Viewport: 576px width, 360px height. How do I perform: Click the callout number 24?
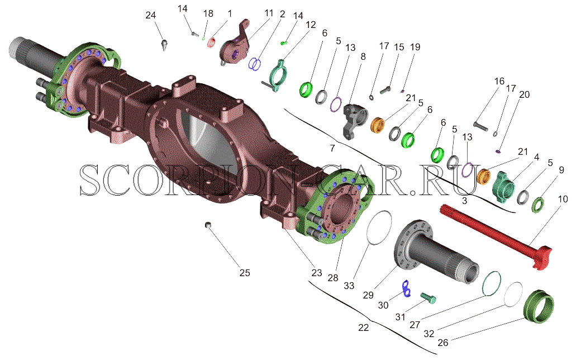click(x=151, y=15)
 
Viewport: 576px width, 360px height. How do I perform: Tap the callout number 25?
click(x=245, y=273)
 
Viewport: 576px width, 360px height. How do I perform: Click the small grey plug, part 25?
click(x=208, y=224)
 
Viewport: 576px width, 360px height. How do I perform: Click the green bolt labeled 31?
click(x=427, y=297)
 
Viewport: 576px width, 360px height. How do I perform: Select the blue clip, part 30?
click(x=406, y=287)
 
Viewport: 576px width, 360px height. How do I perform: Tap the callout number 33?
click(x=349, y=285)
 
